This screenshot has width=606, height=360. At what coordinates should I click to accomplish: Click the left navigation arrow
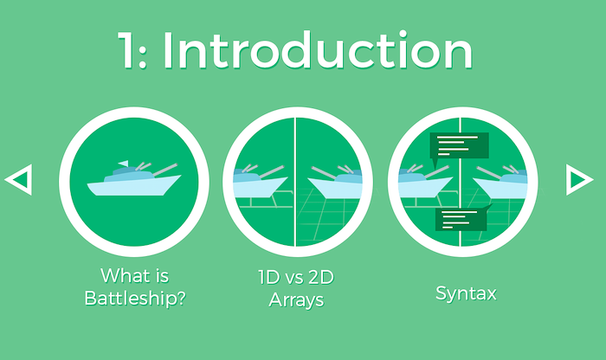19,180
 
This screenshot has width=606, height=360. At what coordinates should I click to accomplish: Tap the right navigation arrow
579,180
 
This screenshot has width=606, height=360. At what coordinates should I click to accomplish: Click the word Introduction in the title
317,50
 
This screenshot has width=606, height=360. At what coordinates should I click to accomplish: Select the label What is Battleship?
135,286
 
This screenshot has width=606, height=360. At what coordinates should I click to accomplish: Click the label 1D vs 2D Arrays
296,288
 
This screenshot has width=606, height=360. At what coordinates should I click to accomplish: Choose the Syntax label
466,293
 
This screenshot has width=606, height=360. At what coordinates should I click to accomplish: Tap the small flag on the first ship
123,164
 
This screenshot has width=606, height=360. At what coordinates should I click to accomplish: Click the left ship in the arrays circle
261,181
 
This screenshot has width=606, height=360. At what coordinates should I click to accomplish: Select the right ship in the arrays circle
335,182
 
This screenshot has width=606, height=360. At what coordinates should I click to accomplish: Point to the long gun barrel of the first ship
165,170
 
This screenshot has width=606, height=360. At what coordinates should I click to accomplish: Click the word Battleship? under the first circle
135,299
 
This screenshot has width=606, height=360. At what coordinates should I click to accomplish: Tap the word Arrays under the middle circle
296,299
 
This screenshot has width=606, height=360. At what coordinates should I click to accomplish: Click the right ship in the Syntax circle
500,182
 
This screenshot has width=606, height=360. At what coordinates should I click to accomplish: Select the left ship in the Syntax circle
425,181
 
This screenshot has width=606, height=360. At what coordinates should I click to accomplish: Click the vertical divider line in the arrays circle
295,182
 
